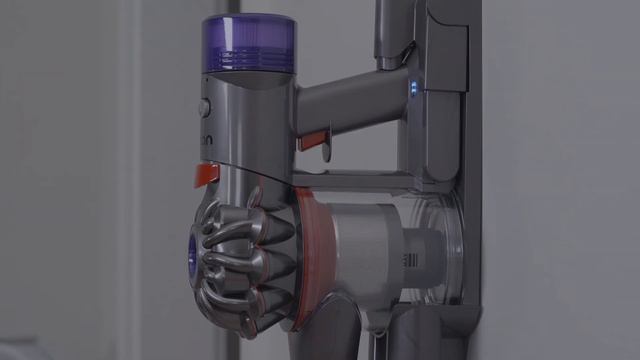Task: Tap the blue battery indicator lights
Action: pos(413,89)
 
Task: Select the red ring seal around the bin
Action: pos(311,244)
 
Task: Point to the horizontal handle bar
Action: pos(350,105)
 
